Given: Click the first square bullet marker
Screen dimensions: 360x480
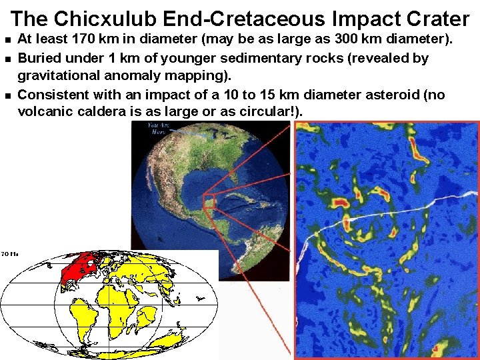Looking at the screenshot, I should point(7,41).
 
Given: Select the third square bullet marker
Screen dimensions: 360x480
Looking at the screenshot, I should point(7,95).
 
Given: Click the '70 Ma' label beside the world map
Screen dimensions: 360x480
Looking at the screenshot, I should point(9,254).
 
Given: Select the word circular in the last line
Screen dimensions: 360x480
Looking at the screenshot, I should point(261,111).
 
